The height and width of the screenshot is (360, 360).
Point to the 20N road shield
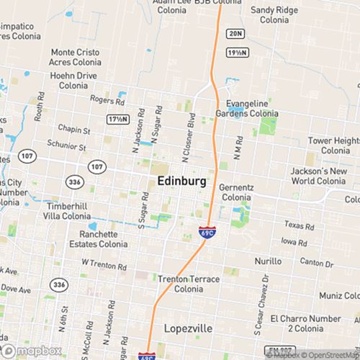(234, 34)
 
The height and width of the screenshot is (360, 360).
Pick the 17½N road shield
(117, 119)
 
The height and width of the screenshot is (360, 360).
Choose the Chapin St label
(75, 131)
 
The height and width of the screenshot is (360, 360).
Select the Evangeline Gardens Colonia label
(247, 107)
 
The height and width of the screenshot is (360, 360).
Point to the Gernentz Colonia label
(237, 192)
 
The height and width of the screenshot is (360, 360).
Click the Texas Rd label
(300, 225)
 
